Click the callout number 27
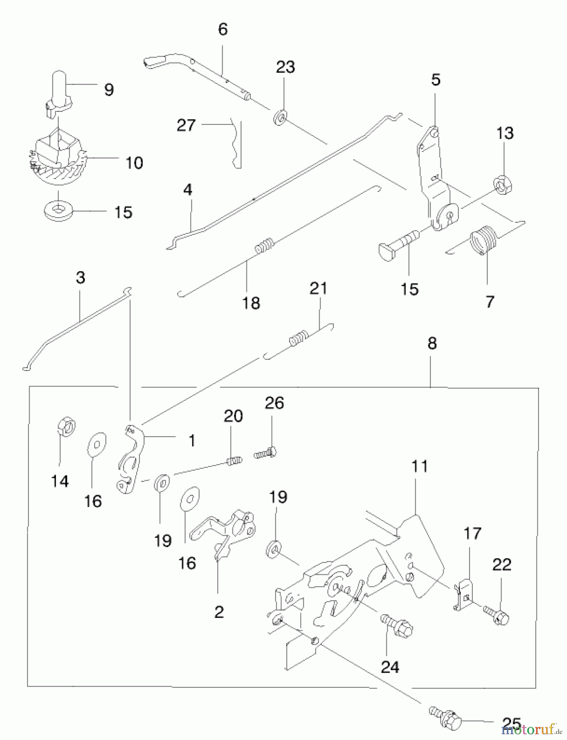coord(186,125)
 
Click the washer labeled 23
coord(280,118)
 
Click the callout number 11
coord(419,467)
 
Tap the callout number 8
coord(432,343)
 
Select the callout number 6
coord(223,29)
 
